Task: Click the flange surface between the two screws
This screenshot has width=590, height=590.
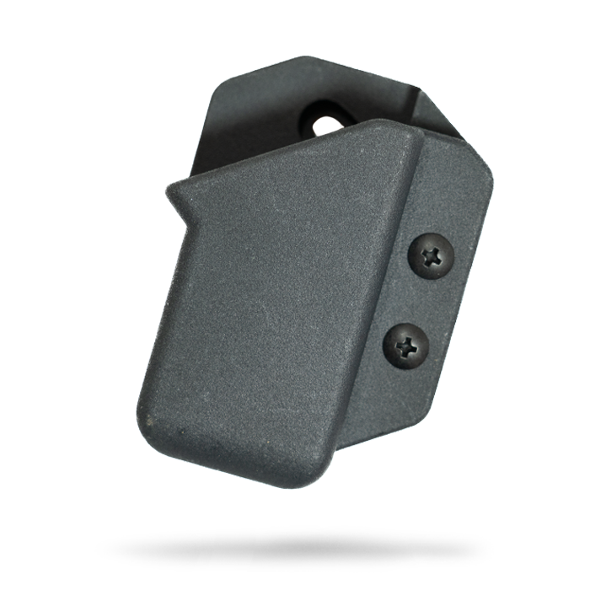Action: [x=421, y=299]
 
